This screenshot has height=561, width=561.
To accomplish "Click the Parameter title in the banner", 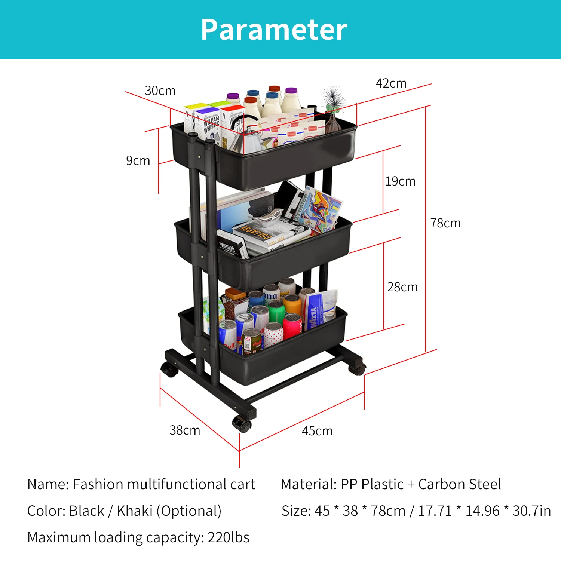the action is point(274,30).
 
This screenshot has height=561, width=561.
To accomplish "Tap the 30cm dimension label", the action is point(160,91).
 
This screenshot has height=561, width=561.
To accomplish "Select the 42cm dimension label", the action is point(391,83).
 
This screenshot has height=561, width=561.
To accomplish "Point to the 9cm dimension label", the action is point(138,161).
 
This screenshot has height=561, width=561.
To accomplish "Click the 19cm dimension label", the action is point(400,181).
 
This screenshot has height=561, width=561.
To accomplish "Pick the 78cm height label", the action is point(445,223).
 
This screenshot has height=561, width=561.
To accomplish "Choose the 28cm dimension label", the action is point(402,287).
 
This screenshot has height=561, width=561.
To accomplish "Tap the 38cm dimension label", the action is point(185,430).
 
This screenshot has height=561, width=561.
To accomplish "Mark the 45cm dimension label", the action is point(317,431).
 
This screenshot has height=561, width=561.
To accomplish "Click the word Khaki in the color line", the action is point(135,511).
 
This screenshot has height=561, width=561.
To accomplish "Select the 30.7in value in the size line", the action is point(531,511).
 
